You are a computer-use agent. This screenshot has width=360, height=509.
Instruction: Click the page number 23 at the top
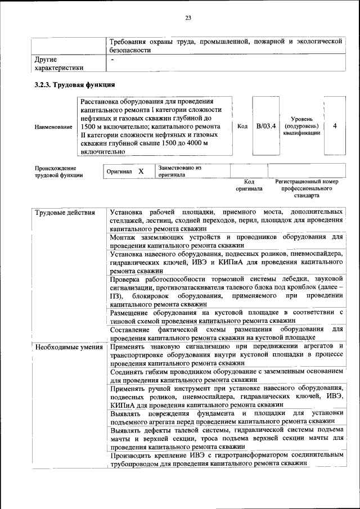click(x=188, y=18)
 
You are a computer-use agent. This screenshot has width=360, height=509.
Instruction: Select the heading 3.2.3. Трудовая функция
click(x=75, y=85)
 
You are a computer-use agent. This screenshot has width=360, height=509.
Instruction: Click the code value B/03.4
click(x=266, y=126)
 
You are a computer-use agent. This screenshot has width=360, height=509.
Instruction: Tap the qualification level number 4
click(x=335, y=126)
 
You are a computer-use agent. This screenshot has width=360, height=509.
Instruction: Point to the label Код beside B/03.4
click(x=242, y=127)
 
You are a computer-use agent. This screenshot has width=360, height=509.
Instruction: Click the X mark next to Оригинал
click(x=141, y=171)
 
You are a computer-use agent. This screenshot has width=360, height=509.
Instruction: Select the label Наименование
click(x=53, y=127)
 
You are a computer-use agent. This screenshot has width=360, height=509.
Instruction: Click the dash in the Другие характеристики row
click(x=113, y=58)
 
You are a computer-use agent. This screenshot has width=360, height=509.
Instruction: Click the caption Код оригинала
click(x=249, y=185)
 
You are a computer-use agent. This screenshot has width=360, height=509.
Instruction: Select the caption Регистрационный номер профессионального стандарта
click(x=307, y=188)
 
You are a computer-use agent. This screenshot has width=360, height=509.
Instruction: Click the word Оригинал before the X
click(x=119, y=172)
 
